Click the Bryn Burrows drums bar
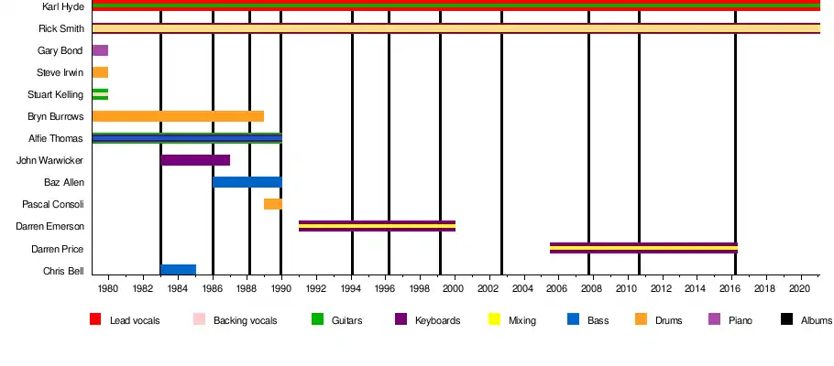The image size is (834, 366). tap(178, 116)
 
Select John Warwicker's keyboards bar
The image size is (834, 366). tap(195, 160)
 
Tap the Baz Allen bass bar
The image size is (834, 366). tap(247, 182)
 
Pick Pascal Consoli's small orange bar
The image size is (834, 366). tap(272, 204)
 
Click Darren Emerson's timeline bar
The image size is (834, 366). tap(377, 226)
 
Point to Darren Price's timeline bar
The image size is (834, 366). tap(643, 248)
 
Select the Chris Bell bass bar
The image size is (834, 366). tap(178, 270)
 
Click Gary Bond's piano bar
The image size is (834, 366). tap(100, 50)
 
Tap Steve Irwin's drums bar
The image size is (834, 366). tap(100, 72)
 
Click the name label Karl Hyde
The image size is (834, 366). tap(63, 6)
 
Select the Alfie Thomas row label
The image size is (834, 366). tap(57, 139)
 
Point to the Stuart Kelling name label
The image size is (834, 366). tap(57, 94)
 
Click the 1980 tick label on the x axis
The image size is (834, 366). tap(108, 289)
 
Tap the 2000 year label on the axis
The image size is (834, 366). tap(455, 289)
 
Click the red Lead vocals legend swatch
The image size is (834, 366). tap(95, 319)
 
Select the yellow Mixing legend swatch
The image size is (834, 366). tap(493, 319)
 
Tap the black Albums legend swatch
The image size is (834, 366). tap(786, 319)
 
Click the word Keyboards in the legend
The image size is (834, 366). tap(437, 321)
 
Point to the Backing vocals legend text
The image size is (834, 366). tap(245, 321)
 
